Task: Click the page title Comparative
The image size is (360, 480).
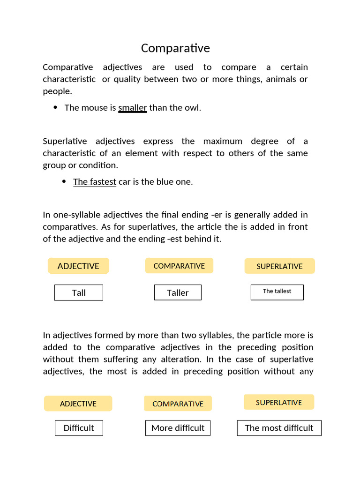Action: pyautogui.click(x=175, y=48)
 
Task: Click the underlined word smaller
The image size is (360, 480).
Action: pyautogui.click(x=133, y=108)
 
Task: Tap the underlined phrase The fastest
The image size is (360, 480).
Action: pyautogui.click(x=95, y=182)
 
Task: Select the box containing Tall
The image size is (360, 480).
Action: pyautogui.click(x=79, y=293)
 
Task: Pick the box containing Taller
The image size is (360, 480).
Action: pyautogui.click(x=178, y=293)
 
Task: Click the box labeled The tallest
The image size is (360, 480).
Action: pyautogui.click(x=277, y=292)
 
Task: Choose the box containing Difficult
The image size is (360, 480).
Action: pyautogui.click(x=79, y=428)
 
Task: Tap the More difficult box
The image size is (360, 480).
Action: pyautogui.click(x=178, y=428)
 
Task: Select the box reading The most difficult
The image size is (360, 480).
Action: pyautogui.click(x=279, y=428)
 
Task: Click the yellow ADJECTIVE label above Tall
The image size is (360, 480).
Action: pyautogui.click(x=78, y=266)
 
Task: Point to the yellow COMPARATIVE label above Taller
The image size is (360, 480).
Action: pyautogui.click(x=179, y=266)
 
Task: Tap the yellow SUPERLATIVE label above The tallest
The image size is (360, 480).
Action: pyautogui.click(x=279, y=266)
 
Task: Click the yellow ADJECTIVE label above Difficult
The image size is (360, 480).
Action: pyautogui.click(x=78, y=404)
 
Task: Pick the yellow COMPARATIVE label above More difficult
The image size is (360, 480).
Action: pyautogui.click(x=178, y=404)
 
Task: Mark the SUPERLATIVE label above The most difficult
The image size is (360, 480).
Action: pyautogui.click(x=279, y=402)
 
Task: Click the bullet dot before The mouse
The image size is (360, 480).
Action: pyautogui.click(x=55, y=107)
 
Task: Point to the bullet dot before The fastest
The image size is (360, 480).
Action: pyautogui.click(x=64, y=181)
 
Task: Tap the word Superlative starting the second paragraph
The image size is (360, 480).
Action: pyautogui.click(x=65, y=141)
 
